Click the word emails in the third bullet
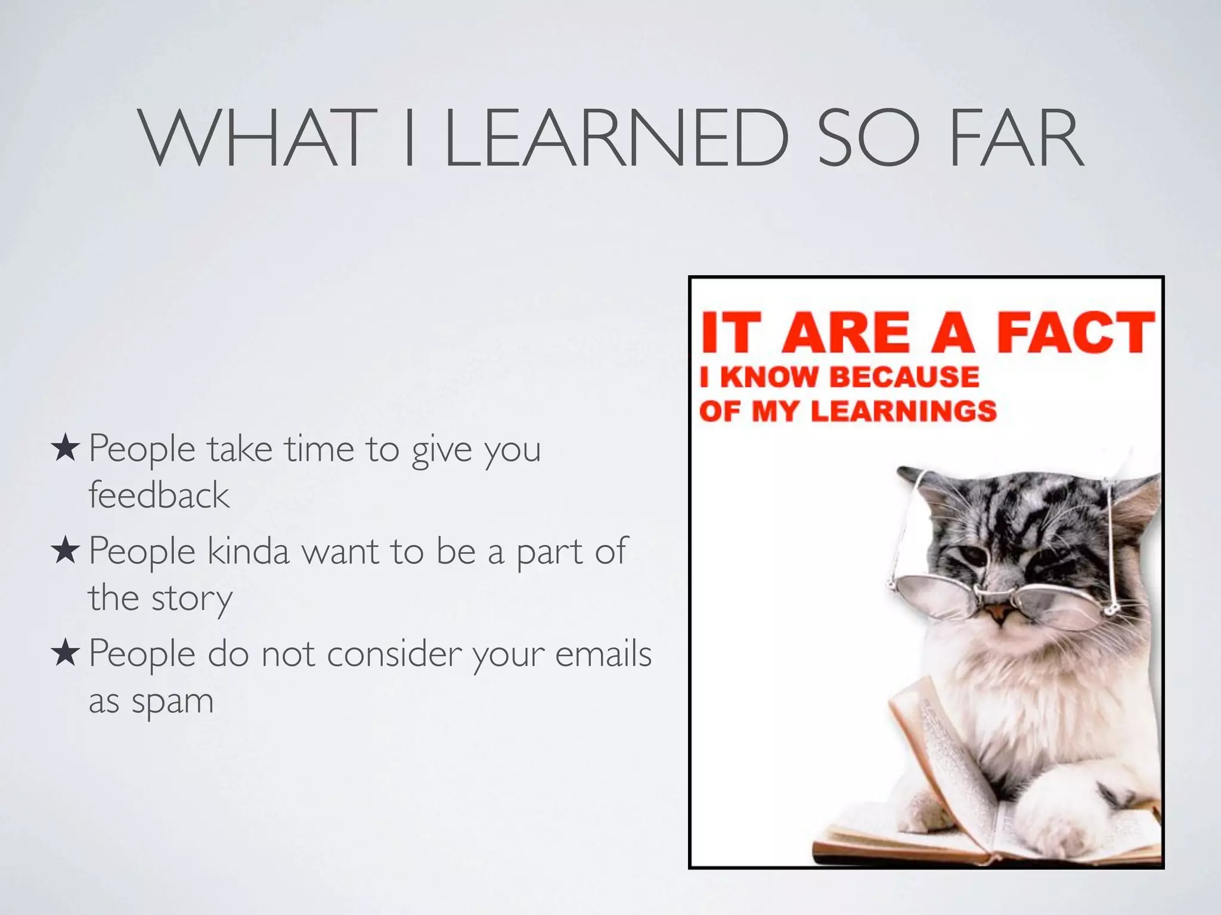click(x=603, y=654)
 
